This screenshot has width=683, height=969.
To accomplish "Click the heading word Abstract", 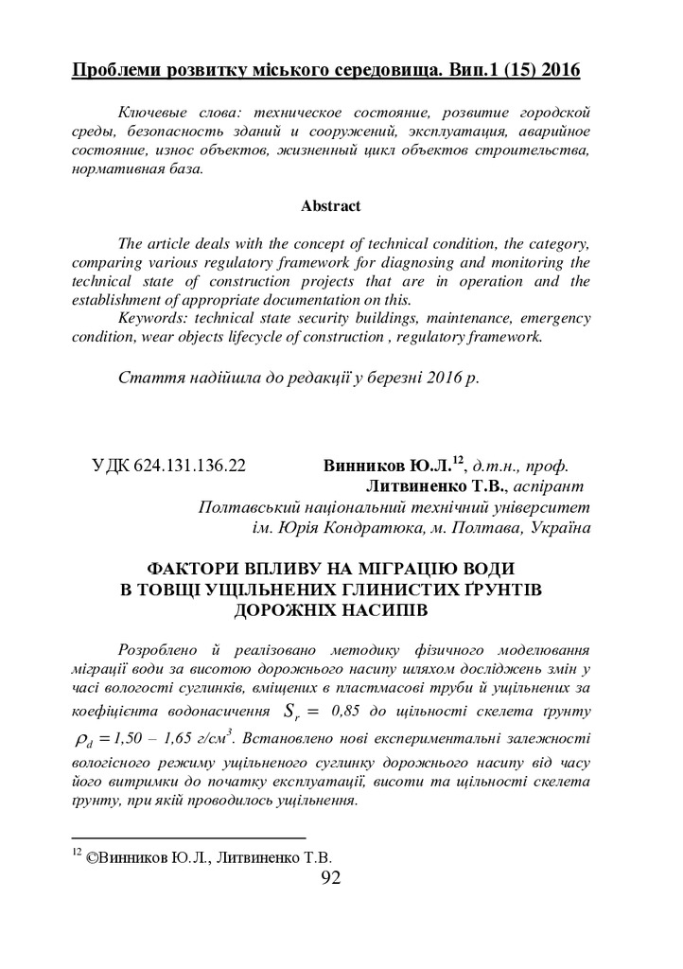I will coord(330,205).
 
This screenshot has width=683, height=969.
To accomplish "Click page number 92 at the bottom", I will coord(330,877).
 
